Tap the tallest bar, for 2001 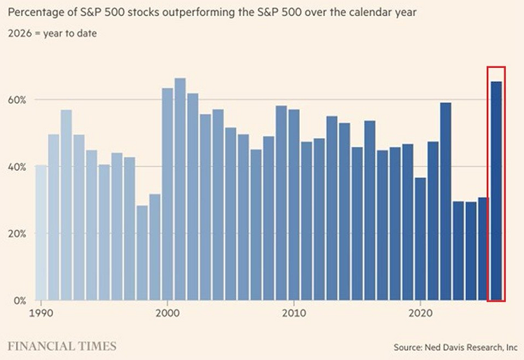tap(180, 189)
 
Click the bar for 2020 tap(420, 239)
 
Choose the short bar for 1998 tap(142, 253)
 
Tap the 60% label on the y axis tap(16, 99)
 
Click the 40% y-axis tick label tap(16, 167)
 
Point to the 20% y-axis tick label tap(16, 233)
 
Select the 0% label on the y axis tap(19, 300)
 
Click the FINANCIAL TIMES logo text tap(62, 345)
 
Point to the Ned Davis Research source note tap(456, 346)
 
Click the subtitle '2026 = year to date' tap(53, 33)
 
